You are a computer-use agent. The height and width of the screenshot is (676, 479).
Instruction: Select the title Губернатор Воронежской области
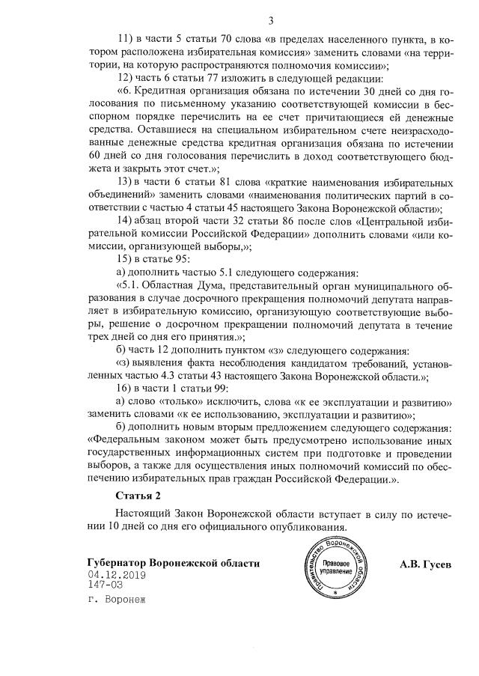[174, 562]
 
